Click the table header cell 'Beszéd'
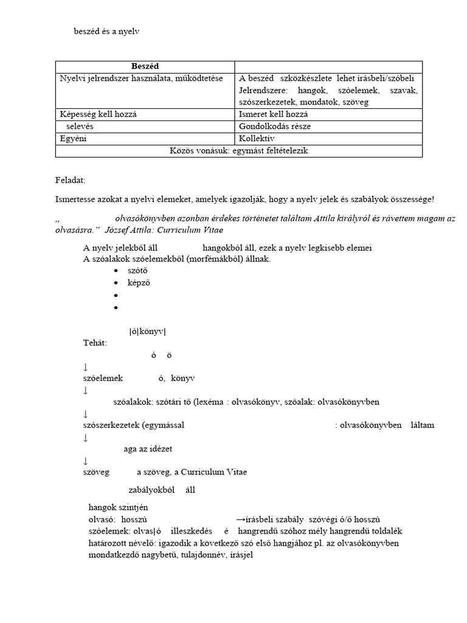[x=145, y=66]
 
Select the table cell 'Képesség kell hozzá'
[x=97, y=114]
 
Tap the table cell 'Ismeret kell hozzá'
[x=274, y=114]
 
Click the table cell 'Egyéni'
[x=74, y=138]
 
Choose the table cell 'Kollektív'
[x=257, y=138]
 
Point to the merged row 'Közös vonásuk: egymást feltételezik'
[x=239, y=150]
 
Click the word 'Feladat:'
[x=70, y=181]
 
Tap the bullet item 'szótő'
[x=138, y=271]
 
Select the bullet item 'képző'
[x=139, y=283]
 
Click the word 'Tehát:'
[x=95, y=343]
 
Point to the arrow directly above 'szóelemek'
[x=86, y=367]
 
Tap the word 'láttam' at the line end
[x=422, y=425]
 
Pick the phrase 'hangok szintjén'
[x=118, y=507]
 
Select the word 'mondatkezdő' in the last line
[x=114, y=555]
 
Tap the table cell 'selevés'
[x=80, y=126]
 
